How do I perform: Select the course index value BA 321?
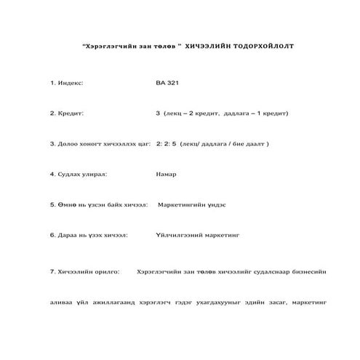[x=167, y=83]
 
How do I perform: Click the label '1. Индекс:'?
[x=67, y=83]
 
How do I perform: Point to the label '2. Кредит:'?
[x=66, y=113]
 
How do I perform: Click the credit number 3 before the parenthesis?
[x=158, y=113]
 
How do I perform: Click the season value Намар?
[x=166, y=175]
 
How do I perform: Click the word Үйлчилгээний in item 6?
[x=178, y=236]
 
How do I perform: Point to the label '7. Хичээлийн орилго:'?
[x=84, y=271]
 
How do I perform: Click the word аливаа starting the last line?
[x=63, y=301]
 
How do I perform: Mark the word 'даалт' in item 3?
[x=254, y=144]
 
